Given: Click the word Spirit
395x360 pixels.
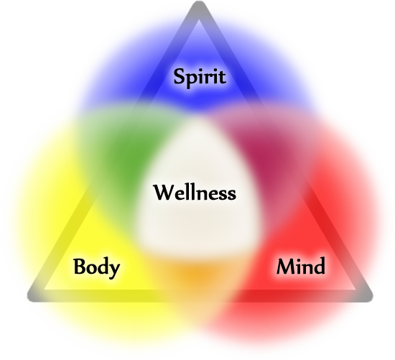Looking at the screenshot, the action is click(x=200, y=78).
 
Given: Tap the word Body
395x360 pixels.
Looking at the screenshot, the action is click(x=96, y=268).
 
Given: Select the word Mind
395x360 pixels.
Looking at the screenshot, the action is click(x=301, y=266).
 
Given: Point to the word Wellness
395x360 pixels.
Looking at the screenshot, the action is click(x=195, y=193).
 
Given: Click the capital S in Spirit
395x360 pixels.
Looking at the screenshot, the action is click(x=181, y=76).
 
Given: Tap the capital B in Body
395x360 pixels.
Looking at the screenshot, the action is click(x=80, y=266).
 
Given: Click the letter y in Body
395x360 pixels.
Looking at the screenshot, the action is click(x=114, y=271).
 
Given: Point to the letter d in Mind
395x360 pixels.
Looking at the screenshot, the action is click(x=319, y=266).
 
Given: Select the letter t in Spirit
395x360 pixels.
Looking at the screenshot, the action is click(x=222, y=78).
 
